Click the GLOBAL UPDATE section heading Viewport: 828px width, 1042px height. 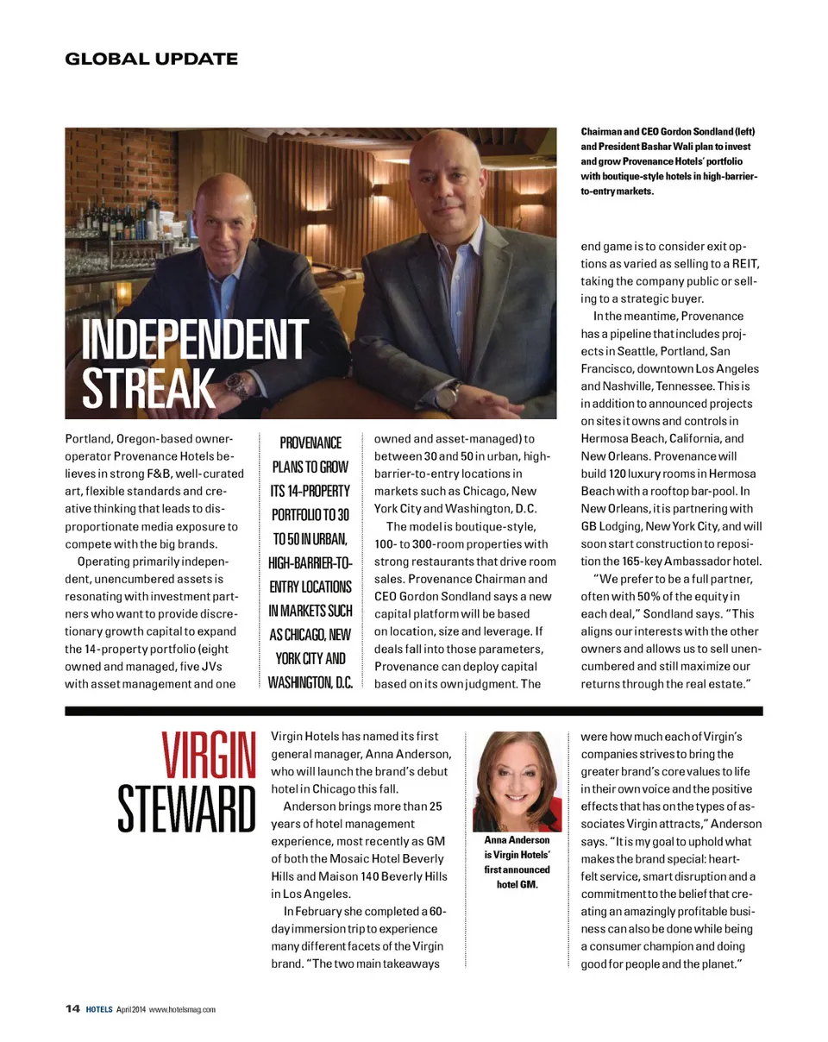click(151, 59)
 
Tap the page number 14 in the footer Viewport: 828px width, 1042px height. click(72, 1008)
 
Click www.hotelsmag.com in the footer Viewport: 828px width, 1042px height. click(182, 1009)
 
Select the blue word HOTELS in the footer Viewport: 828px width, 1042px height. click(98, 1009)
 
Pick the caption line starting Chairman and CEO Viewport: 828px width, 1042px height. click(668, 131)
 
